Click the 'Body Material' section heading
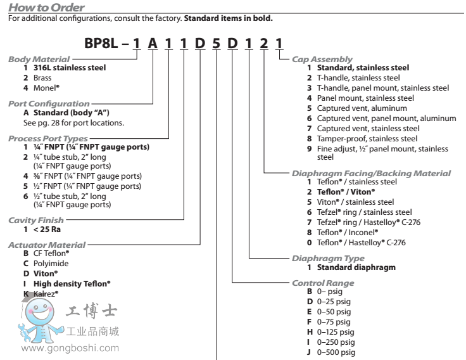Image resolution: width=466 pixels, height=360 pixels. tap(38, 59)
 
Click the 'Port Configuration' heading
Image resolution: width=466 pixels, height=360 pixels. tap(48, 103)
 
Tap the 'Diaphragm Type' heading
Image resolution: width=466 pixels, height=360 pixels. tap(327, 259)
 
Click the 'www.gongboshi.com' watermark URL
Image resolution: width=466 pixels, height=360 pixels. tap(70, 347)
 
